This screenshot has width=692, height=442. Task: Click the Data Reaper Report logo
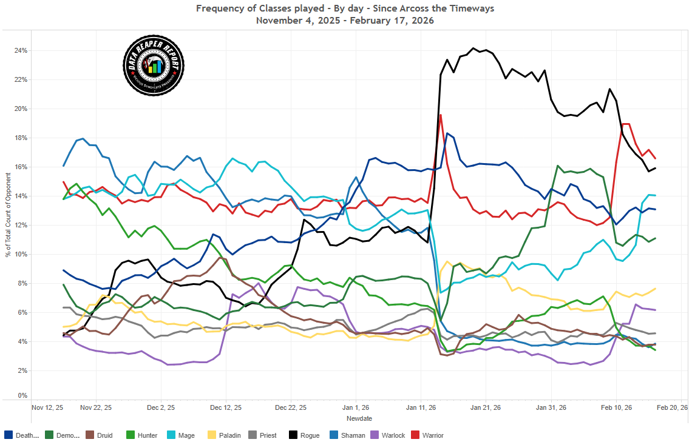click(154, 65)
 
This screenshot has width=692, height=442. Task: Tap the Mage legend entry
click(181, 435)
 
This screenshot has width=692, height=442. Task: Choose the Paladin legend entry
click(224, 435)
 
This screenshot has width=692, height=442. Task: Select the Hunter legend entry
click(142, 435)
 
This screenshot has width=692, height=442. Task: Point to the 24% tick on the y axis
click(21, 50)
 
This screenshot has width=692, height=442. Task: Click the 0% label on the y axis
click(22, 396)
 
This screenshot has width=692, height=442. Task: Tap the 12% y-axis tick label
click(21, 225)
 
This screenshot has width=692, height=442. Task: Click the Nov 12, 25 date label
click(47, 407)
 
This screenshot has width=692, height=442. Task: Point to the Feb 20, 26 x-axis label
click(674, 407)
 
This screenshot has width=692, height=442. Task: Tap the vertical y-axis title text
click(8, 223)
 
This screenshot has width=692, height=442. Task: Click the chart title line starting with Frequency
click(345, 8)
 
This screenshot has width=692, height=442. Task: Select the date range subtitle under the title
click(345, 20)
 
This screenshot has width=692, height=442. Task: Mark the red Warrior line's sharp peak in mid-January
click(440, 115)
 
